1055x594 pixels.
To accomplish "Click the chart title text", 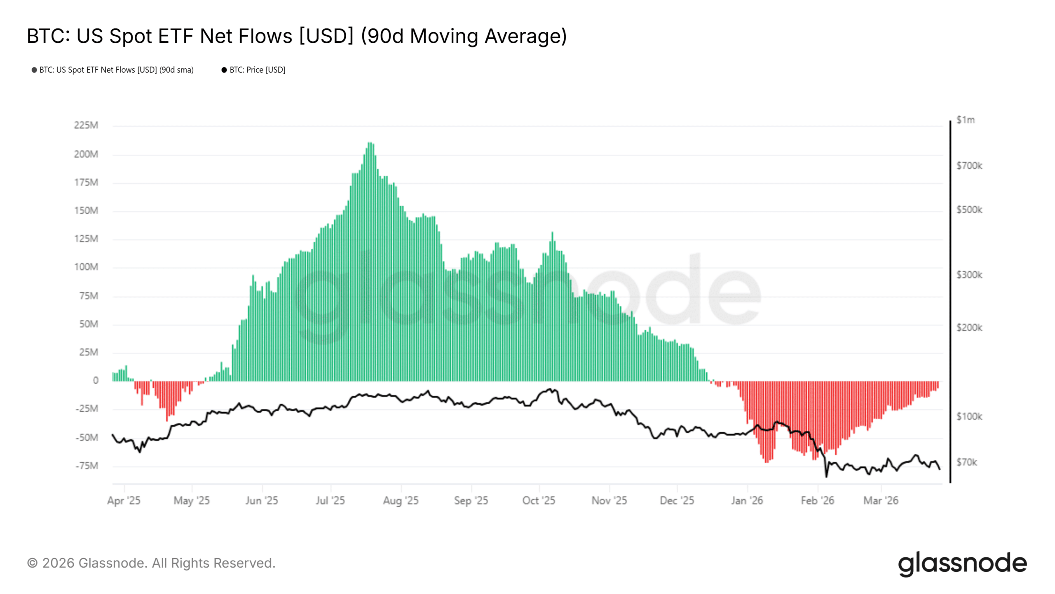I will pos(297,36).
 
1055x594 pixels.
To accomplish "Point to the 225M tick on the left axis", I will pos(86,125).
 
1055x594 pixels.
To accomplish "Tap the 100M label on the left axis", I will pos(86,267).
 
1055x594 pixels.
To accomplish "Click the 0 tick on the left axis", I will pos(96,380).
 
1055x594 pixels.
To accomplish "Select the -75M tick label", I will pos(87,466).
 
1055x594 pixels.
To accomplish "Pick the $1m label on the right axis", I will pos(966,120).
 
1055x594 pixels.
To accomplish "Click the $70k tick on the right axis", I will pos(967,462).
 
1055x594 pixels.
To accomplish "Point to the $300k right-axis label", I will pos(969,275).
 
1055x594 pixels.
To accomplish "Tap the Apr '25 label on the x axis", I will pos(124,500).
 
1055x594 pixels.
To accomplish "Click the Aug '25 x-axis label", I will pos(401,500).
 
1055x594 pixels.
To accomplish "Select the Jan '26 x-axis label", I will pos(747,500).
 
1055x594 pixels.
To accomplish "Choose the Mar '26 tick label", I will pos(881,500).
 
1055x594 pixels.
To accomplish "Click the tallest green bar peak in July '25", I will pos(370,143).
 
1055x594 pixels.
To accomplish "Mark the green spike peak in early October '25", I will pos(552,233).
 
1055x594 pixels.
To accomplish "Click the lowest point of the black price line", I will pos(826,476).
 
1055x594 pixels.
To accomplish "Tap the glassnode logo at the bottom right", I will pos(962,563).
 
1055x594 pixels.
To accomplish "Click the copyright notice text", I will pos(151,563).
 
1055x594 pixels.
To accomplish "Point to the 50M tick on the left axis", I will pos(89,324).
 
